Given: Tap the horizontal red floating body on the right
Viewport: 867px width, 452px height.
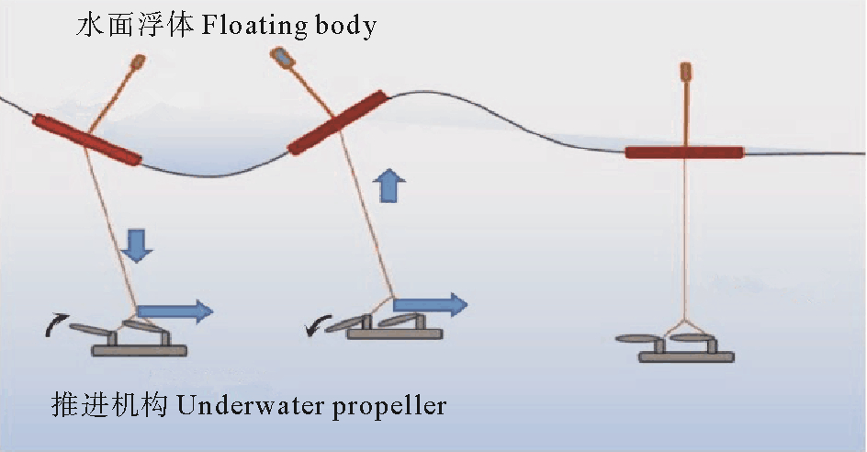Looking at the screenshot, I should tap(684, 153).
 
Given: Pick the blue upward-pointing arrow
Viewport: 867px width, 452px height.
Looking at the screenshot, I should tap(389, 187).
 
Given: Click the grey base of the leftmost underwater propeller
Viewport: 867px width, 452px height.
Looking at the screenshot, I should tap(140, 349).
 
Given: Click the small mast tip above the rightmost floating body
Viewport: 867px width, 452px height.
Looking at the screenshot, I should tap(684, 71).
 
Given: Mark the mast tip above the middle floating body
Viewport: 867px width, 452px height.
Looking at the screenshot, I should tap(283, 58).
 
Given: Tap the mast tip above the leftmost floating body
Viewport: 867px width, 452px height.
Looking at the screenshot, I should tap(138, 62).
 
